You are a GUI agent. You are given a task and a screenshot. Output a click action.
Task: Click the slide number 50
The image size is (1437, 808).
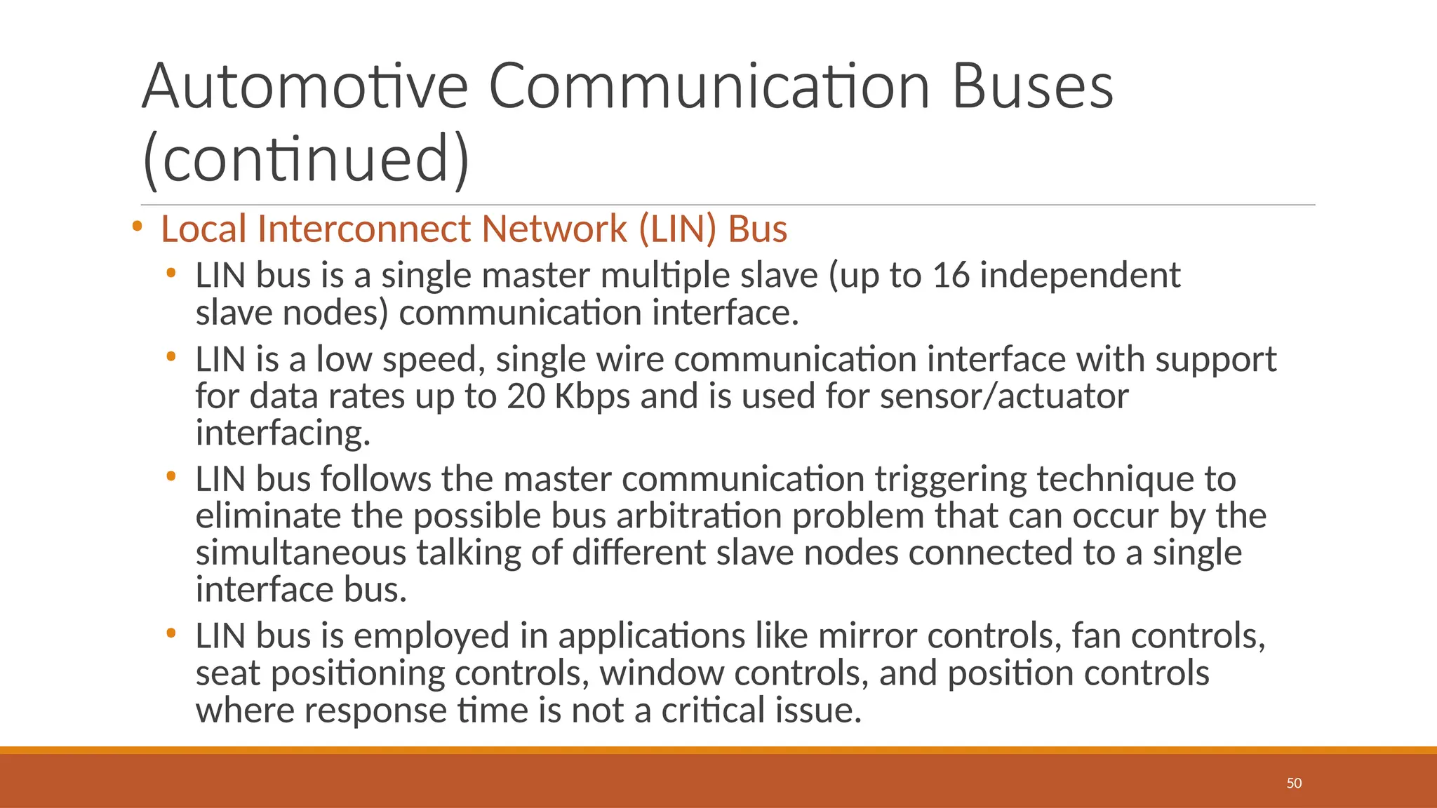[1294, 783]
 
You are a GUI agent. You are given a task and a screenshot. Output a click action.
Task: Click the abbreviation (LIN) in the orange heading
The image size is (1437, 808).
[678, 229]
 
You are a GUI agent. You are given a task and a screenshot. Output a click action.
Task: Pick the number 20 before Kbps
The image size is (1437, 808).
[526, 396]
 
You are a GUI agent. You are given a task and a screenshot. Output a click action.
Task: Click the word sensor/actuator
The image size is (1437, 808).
[1004, 396]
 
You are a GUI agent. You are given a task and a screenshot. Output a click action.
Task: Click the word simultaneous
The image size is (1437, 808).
[300, 553]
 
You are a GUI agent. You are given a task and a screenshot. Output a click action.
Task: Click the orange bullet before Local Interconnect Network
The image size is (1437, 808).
[137, 227]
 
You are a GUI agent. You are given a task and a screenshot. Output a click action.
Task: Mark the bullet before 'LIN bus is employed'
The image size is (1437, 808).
[171, 633]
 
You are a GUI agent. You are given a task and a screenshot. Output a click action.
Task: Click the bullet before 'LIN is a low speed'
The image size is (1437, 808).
[171, 357]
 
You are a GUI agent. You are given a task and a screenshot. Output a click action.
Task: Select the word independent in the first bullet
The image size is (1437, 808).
[1080, 275]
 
